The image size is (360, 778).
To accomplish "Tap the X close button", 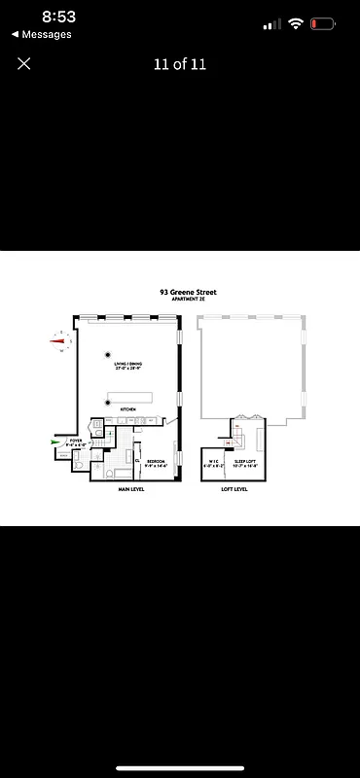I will pos(24,63).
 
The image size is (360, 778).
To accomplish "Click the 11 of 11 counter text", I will pos(180,64).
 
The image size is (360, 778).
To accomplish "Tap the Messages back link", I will pos(41,34).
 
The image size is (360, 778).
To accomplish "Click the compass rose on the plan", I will pos(62,339).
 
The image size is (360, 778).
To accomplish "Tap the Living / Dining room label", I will pos(128,367).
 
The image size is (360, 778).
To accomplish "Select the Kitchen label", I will pos(127,410).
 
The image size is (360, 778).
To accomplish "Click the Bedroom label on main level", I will pos(156,463).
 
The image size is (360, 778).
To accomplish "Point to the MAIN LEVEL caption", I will pos(131,490).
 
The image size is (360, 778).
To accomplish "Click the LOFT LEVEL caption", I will pos(234,490).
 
